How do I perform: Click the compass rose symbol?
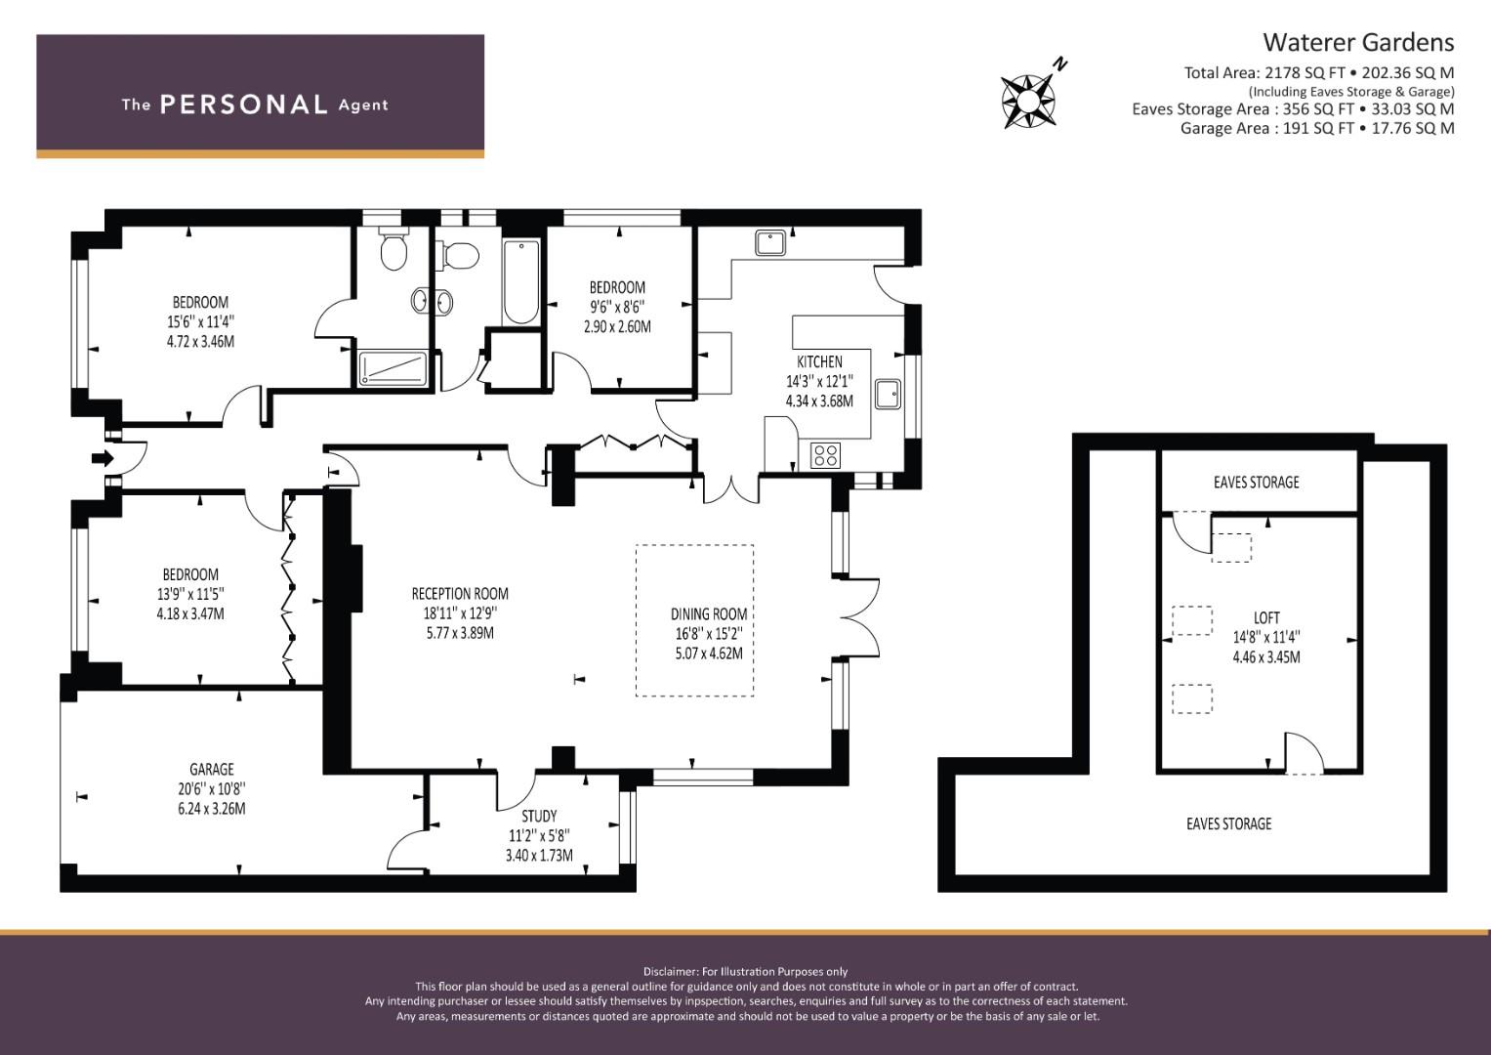click(1028, 102)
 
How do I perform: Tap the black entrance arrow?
click(103, 458)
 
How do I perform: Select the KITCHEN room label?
click(819, 361)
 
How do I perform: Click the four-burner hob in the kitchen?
click(825, 455)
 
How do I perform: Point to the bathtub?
click(521, 282)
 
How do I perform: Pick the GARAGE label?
click(212, 770)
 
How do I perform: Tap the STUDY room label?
click(539, 816)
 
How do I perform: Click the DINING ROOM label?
click(709, 614)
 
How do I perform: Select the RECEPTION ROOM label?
click(460, 594)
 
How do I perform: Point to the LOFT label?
click(1266, 617)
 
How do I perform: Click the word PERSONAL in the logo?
click(244, 105)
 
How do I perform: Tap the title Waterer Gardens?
click(1358, 43)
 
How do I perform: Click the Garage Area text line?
click(1317, 128)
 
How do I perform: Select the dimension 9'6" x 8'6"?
click(617, 307)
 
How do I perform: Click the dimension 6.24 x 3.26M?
click(212, 809)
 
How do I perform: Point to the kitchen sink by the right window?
click(888, 395)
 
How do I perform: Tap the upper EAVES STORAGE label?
click(1256, 483)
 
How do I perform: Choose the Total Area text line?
click(1319, 72)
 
